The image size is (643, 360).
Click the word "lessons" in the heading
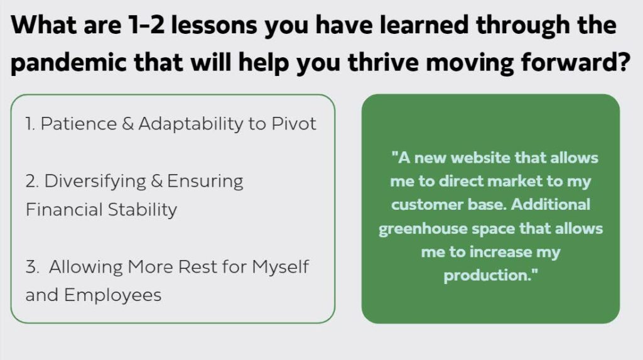point(213,25)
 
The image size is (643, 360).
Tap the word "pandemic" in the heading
point(68,62)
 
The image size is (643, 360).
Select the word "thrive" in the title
point(384,62)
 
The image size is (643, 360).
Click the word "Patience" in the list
point(78,124)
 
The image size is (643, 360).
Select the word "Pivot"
point(294,124)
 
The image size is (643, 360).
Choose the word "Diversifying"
point(95,182)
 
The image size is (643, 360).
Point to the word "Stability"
point(143,210)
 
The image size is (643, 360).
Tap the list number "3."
point(33,267)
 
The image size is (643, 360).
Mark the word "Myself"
point(280,267)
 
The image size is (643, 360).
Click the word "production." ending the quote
point(490,275)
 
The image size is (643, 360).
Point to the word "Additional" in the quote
point(551,204)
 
